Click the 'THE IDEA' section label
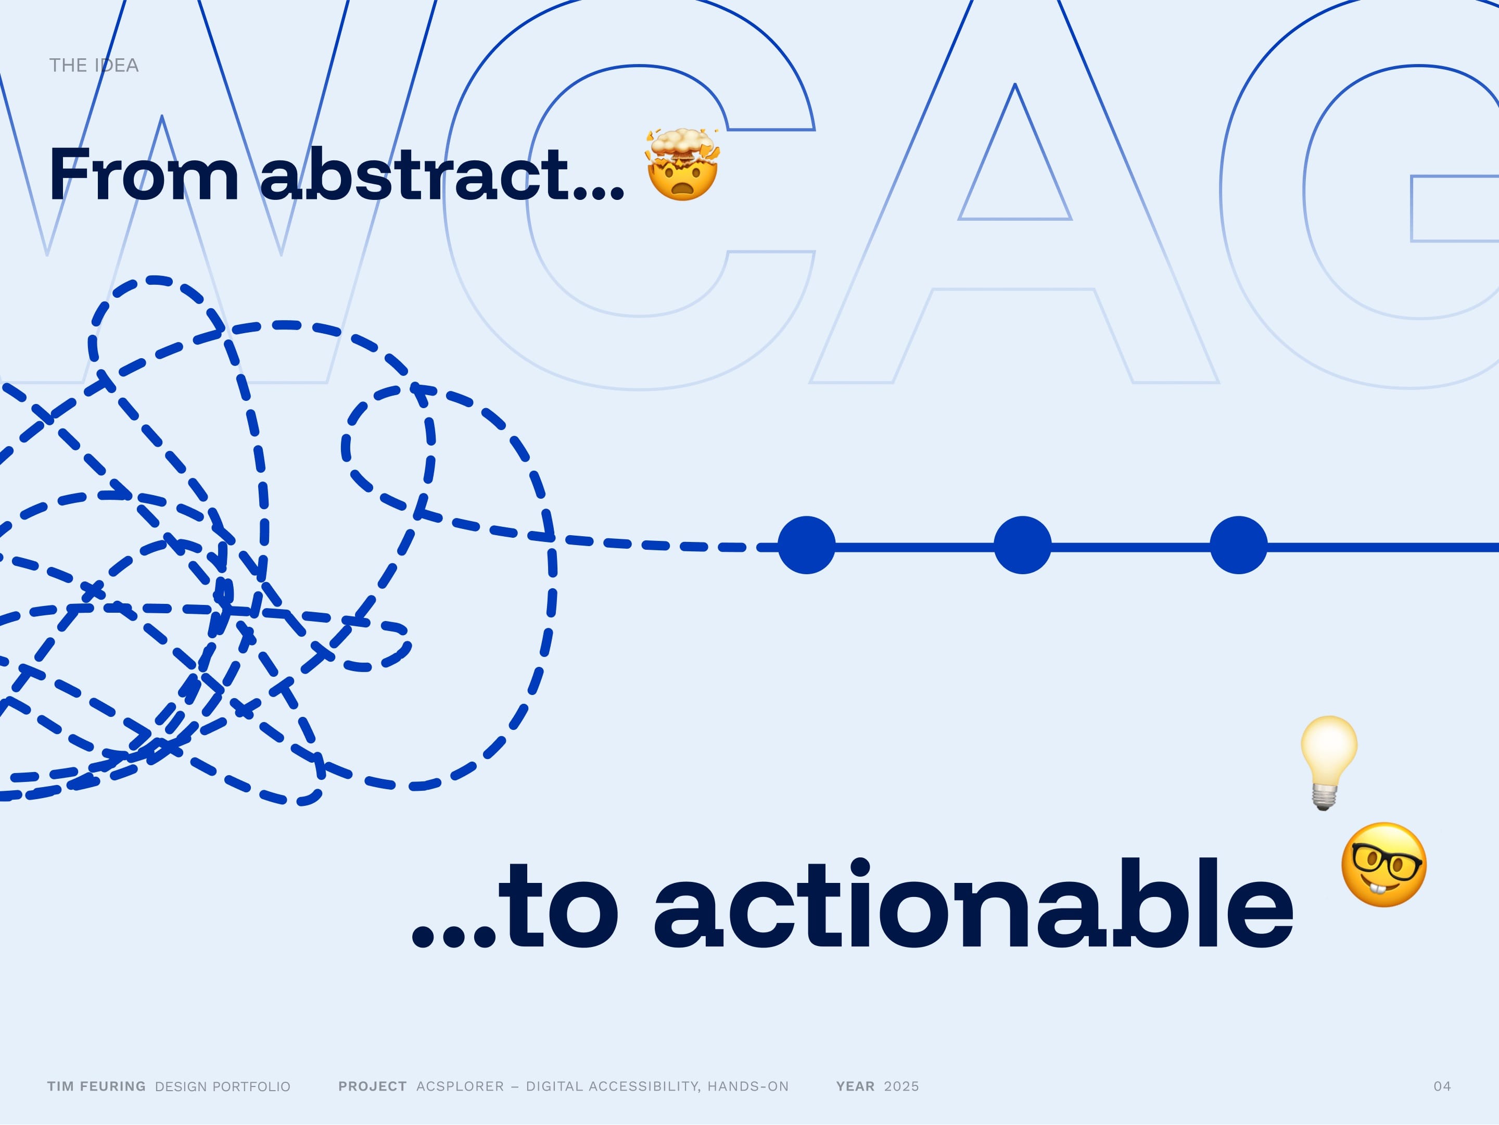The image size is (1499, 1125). (94, 65)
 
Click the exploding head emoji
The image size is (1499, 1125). (682, 164)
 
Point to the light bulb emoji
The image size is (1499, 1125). (1328, 763)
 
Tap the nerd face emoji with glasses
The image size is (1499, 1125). (1384, 865)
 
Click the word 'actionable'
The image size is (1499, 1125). (973, 903)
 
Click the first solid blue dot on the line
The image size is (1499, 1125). (806, 545)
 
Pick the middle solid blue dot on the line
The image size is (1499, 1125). (1023, 545)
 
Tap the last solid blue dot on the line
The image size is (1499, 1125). (1239, 545)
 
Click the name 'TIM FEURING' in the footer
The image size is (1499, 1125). (96, 1086)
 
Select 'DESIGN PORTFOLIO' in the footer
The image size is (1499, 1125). (223, 1086)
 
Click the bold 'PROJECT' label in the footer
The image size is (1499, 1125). (373, 1086)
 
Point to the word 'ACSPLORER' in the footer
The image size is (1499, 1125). (460, 1086)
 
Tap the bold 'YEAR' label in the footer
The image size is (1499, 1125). (855, 1086)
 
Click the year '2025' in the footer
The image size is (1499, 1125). (901, 1086)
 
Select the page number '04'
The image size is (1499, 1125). (1442, 1086)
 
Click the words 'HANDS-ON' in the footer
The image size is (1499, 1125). (748, 1086)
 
